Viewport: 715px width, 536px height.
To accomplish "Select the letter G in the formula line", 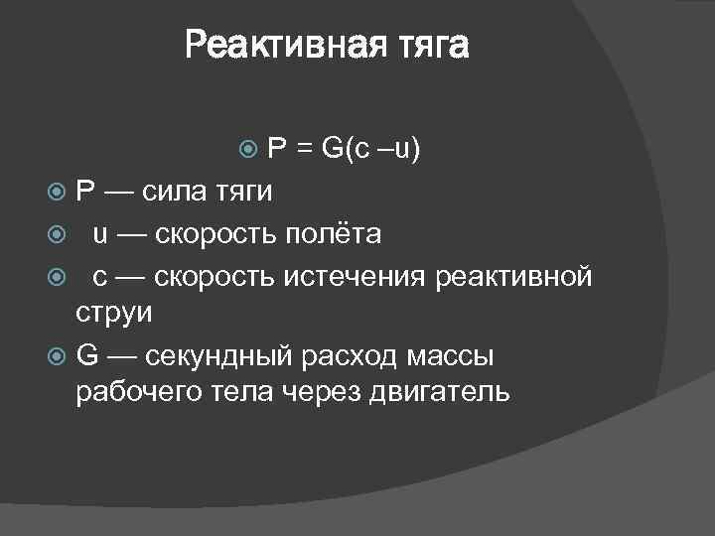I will [332, 149].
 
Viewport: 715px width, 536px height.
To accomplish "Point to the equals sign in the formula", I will [302, 149].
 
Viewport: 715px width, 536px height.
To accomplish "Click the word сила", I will [176, 191].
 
